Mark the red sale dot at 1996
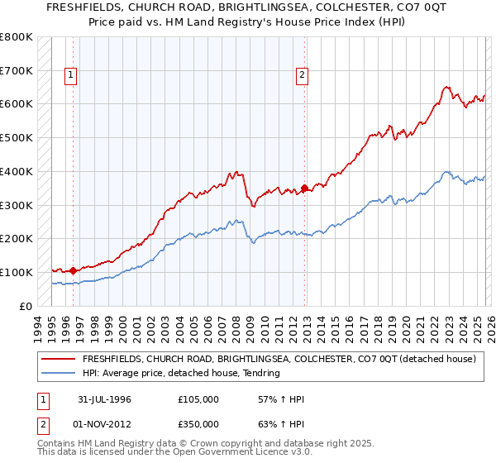pyautogui.click(x=73, y=270)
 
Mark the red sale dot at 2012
pyautogui.click(x=303, y=188)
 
